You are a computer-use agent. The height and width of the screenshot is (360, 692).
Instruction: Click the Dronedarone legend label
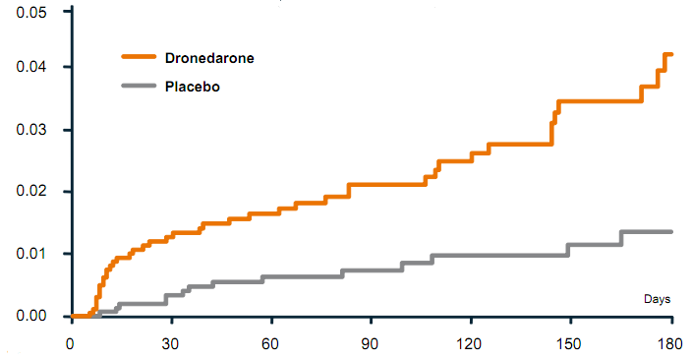209,58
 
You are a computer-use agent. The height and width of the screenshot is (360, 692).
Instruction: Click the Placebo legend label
192,87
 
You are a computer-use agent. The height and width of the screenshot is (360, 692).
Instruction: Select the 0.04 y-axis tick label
31,67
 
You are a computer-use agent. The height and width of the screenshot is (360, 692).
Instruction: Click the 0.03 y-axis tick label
31,130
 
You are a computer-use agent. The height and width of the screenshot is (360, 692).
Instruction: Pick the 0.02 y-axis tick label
31,191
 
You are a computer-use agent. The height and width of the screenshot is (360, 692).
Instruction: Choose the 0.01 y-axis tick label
31,254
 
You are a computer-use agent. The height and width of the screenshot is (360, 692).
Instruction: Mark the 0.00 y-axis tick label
31,316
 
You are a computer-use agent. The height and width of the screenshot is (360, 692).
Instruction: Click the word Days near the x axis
657,298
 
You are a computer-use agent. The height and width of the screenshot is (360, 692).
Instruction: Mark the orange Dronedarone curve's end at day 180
670,54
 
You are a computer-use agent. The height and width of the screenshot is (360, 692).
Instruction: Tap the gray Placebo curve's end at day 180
670,232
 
